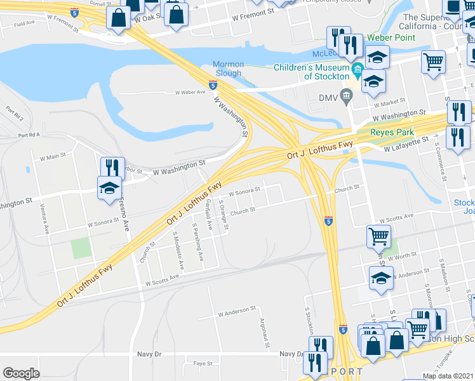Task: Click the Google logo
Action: point(21,373)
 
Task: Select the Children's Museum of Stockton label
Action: point(312,72)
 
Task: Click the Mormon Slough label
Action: point(227,69)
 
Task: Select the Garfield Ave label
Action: point(208,215)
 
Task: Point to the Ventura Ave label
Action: point(46,220)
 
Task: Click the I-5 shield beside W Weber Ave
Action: point(212,84)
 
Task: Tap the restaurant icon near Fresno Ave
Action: point(112,168)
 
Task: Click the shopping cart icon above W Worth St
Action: point(378,236)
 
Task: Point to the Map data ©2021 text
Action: point(448,376)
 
